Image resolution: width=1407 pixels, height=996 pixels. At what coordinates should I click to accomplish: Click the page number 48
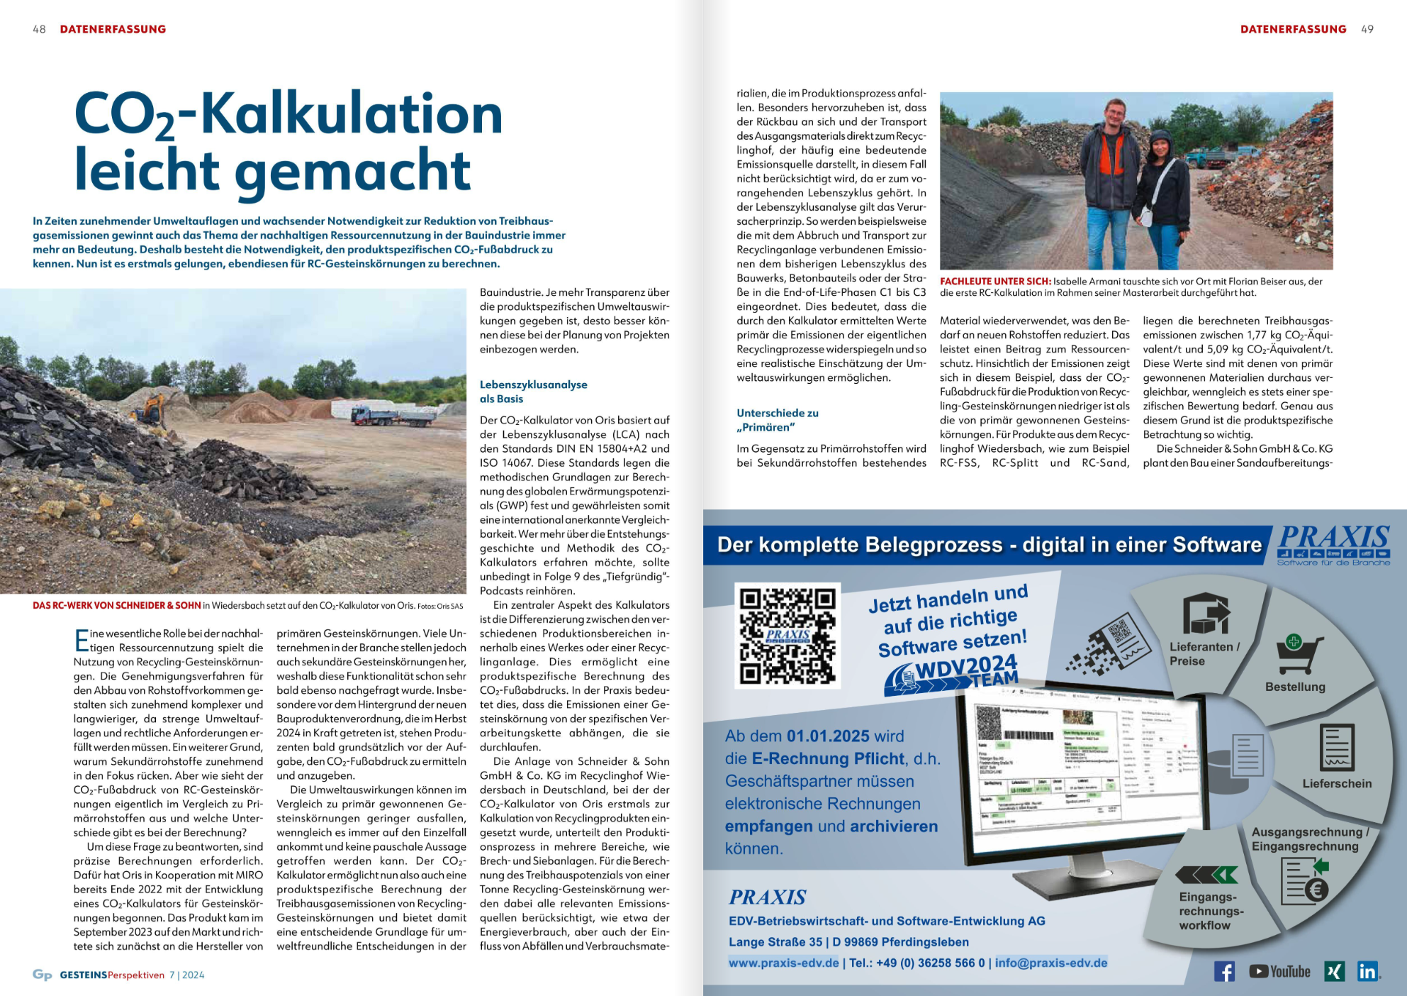39,29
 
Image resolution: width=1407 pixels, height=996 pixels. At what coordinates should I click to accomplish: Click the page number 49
1367,29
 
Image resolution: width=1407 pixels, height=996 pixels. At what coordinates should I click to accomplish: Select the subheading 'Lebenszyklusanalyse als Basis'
533,392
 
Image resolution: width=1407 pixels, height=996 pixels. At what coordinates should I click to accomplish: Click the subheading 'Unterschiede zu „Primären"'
777,420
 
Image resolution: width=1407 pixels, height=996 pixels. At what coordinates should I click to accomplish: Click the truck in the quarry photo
393,416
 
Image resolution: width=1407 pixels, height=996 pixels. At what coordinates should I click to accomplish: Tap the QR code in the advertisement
787,635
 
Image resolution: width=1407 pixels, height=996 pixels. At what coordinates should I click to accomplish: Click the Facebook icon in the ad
1224,971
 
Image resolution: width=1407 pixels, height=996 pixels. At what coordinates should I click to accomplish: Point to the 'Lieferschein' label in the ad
1337,783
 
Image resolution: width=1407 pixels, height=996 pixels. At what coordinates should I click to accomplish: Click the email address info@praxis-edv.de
1050,963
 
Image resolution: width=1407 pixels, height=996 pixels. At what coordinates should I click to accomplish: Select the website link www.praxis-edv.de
783,963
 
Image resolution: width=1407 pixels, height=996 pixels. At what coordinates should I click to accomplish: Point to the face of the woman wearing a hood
1161,149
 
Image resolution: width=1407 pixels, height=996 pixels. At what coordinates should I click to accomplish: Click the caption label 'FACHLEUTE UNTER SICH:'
995,281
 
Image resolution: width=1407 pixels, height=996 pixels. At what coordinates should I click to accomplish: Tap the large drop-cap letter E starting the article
82,640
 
